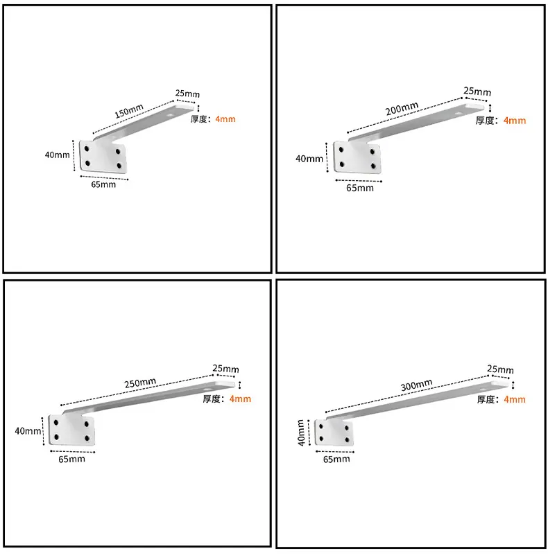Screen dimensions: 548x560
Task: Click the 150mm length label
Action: pyautogui.click(x=129, y=111)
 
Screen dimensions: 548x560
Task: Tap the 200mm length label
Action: pyautogui.click(x=402, y=108)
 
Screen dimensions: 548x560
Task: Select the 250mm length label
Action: pyautogui.click(x=140, y=383)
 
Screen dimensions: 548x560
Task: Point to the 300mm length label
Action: pyautogui.click(x=416, y=385)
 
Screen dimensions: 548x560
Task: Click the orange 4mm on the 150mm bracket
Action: pyautogui.click(x=225, y=119)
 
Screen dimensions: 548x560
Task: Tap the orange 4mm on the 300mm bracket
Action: pyautogui.click(x=515, y=399)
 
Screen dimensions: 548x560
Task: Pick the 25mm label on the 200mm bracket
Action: pyautogui.click(x=477, y=91)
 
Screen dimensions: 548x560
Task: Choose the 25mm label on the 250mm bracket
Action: pyautogui.click(x=225, y=368)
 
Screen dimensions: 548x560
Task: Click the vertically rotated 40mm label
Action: pyautogui.click(x=301, y=432)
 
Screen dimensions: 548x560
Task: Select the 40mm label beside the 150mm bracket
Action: pyautogui.click(x=57, y=155)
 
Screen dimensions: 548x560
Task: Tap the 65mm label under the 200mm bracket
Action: pyautogui.click(x=359, y=188)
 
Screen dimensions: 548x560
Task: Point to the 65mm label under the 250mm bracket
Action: pyautogui.click(x=71, y=459)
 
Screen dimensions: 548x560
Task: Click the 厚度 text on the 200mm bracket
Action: pyautogui.click(x=484, y=121)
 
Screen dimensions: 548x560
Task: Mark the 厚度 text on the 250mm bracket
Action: pyautogui.click(x=212, y=399)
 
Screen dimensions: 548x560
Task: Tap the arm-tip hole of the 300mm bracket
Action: pyautogui.click(x=483, y=389)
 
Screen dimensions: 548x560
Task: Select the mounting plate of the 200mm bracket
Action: pyautogui.click(x=357, y=157)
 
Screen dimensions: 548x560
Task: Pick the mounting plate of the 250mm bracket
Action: pyautogui.click(x=71, y=430)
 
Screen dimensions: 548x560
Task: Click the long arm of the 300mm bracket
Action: pyautogui.click(x=417, y=400)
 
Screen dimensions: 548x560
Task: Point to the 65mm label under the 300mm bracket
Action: pyautogui.click(x=336, y=459)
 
